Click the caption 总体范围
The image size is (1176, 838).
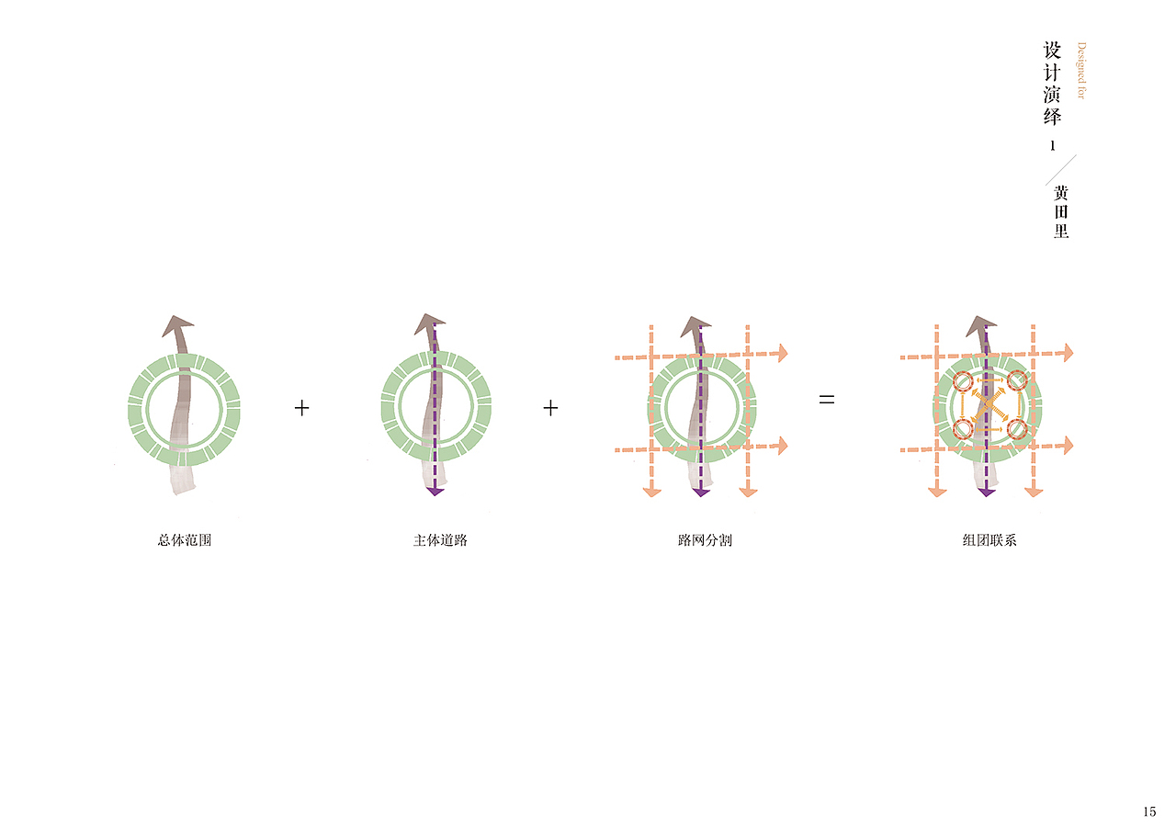185,540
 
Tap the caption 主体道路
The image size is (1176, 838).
440,540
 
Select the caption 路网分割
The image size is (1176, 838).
705,540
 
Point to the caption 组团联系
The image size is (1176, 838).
989,540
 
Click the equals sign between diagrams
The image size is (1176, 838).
826,400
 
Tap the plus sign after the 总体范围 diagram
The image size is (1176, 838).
302,408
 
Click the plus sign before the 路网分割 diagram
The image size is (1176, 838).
550,408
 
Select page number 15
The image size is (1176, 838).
1149,811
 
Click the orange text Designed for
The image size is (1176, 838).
1081,71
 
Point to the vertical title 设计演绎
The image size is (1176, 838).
1052,84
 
